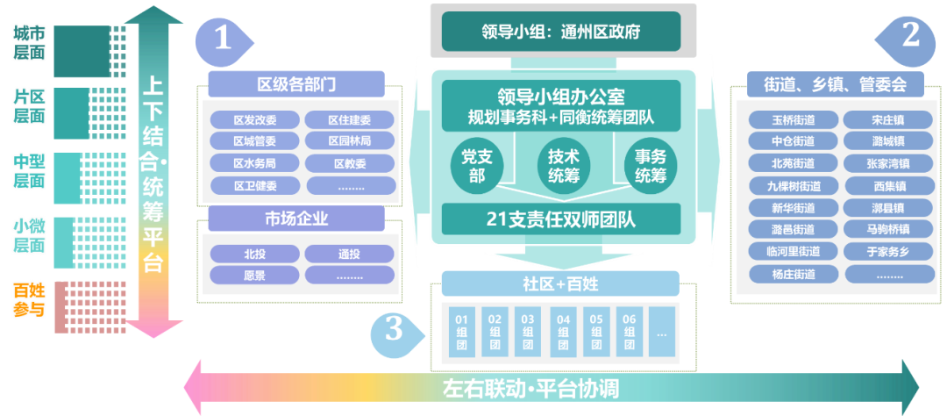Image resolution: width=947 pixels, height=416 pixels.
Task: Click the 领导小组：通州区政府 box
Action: point(561,32)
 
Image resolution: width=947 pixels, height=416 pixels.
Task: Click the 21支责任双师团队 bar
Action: point(561,219)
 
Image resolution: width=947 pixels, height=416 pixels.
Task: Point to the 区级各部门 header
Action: point(296,84)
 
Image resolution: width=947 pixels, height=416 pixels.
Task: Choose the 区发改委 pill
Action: point(255,120)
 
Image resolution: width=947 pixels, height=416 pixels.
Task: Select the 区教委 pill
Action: point(350,162)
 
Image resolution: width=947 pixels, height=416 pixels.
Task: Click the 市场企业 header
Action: point(296,219)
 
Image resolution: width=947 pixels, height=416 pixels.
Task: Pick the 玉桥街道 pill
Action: point(793,120)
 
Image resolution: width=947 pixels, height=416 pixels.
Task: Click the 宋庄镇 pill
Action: point(888,120)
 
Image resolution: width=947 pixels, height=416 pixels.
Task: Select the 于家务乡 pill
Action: point(888,252)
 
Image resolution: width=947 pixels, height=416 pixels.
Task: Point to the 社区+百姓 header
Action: point(560,283)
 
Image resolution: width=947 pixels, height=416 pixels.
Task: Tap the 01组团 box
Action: point(460,332)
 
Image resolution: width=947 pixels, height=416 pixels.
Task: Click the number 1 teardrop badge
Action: point(223,39)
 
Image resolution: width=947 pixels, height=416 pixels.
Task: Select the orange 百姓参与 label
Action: point(29,299)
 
